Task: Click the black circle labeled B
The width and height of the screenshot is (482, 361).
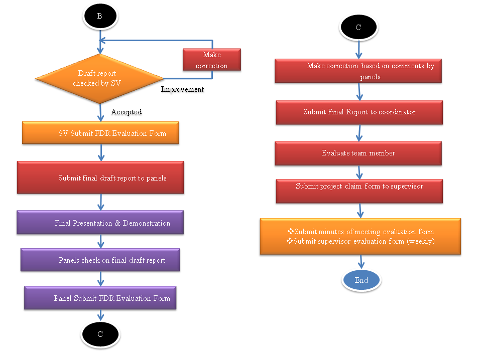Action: [99, 16]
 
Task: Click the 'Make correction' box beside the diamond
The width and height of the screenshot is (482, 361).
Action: [211, 60]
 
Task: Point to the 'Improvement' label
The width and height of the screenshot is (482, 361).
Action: [182, 89]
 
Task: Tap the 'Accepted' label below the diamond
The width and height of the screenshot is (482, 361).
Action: [126, 112]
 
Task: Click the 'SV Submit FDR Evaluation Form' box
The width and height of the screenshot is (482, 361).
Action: [100, 133]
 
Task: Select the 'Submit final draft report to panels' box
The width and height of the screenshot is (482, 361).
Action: [100, 177]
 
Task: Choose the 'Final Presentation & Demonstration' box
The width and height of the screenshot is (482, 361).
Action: [100, 223]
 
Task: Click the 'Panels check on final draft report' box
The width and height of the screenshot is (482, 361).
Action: [100, 260]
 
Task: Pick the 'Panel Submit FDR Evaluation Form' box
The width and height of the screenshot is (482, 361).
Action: [100, 298]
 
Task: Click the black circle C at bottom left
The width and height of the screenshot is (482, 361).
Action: [100, 334]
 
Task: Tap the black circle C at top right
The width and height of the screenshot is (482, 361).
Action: [358, 28]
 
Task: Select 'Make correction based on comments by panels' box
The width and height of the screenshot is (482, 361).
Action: [358, 71]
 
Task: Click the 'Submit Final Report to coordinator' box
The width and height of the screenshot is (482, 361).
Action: [359, 112]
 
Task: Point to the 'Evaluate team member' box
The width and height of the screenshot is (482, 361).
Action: [358, 153]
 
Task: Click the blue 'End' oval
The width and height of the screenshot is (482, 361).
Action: [361, 280]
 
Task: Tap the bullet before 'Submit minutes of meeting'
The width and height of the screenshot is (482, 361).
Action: [290, 232]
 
